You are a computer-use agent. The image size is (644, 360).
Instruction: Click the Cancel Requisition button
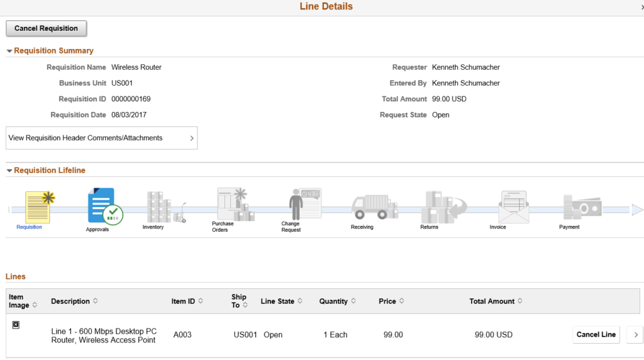(x=46, y=28)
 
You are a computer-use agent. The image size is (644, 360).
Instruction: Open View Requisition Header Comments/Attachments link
(x=101, y=138)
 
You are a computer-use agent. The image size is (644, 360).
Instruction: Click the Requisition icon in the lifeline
(x=40, y=206)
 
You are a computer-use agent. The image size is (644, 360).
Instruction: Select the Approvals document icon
(x=105, y=206)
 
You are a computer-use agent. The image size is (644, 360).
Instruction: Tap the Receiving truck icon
(x=374, y=207)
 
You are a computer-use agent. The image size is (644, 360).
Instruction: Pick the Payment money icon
(x=582, y=208)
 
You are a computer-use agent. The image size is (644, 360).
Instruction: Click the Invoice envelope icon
(x=513, y=207)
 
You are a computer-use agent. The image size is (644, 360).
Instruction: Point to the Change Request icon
(x=304, y=205)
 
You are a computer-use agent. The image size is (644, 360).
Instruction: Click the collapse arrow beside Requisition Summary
(x=9, y=51)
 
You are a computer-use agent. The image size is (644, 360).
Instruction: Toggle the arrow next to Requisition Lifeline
(x=9, y=171)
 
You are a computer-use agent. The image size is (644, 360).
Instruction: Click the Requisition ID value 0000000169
(x=131, y=99)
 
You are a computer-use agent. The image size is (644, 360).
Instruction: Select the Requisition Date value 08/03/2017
(x=129, y=115)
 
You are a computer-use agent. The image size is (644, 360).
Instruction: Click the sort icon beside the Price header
(x=402, y=301)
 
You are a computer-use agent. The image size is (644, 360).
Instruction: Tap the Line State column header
(x=277, y=301)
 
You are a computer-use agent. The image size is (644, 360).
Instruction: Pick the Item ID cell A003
(x=182, y=335)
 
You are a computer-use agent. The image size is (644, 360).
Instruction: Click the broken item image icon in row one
(x=16, y=325)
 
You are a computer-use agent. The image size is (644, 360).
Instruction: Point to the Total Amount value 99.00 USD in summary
(x=449, y=99)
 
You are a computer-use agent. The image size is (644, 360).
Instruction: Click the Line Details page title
(x=326, y=6)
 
